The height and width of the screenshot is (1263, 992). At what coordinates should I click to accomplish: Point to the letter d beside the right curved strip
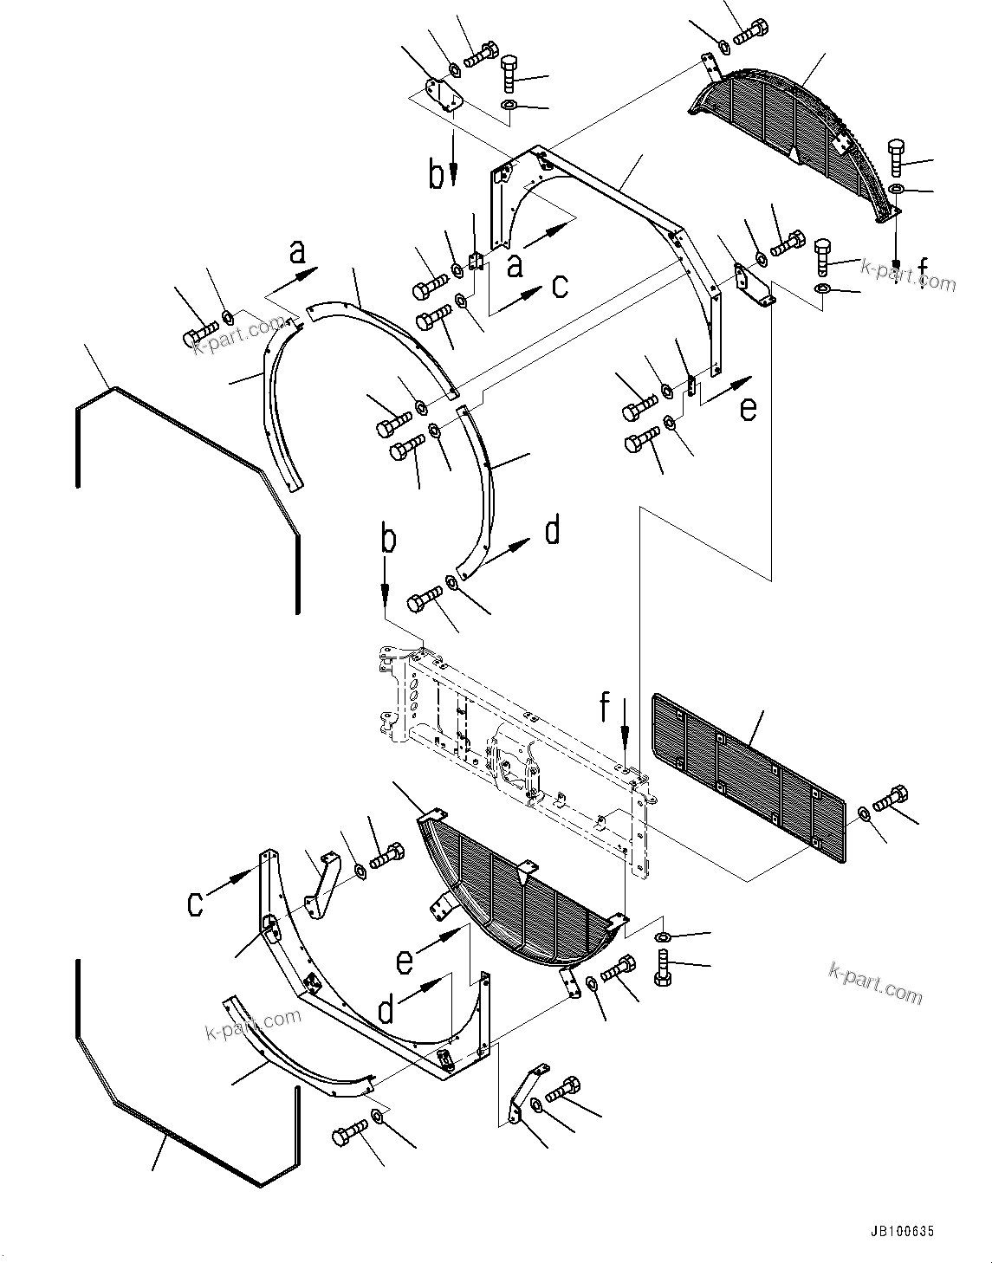pos(552,530)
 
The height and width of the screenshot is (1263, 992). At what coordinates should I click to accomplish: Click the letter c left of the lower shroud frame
pos(197,903)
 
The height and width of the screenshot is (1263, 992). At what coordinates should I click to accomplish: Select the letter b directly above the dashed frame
pos(389,542)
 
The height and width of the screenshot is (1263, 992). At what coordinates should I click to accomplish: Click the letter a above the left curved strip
pos(297,252)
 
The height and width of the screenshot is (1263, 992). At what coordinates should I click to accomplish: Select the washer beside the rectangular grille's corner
pos(864,813)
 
